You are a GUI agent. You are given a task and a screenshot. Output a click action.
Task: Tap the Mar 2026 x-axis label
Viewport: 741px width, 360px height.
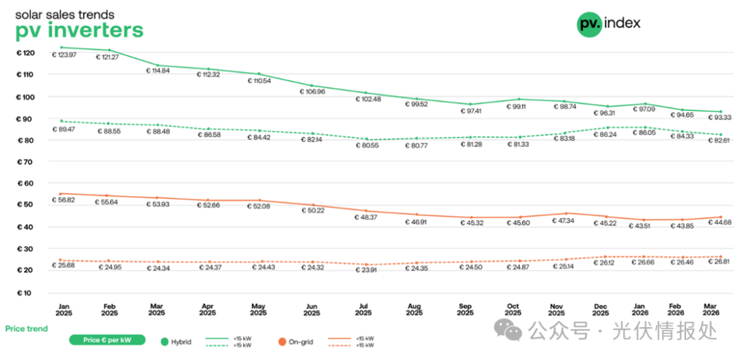pos(711,309)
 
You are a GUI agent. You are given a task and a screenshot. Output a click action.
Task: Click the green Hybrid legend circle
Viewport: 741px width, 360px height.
pos(165,341)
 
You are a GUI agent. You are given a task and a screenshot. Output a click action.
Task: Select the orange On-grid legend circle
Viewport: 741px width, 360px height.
pos(281,341)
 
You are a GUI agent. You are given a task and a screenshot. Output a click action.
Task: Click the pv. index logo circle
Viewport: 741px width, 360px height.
pos(589,24)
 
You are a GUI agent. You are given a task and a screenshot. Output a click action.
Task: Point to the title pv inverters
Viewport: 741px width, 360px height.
pos(80,30)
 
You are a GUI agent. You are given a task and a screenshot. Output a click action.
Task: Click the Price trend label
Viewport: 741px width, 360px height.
pos(27,328)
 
